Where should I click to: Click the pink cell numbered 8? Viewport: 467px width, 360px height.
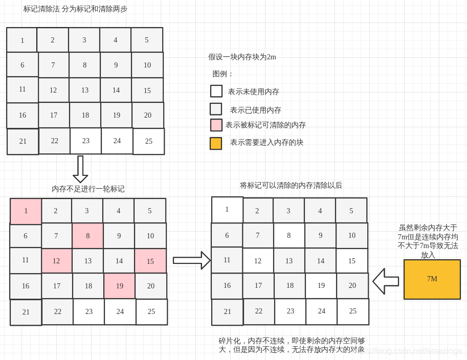[87, 236]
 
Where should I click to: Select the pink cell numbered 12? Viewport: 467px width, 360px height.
[56, 261]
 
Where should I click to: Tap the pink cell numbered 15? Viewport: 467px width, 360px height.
[150, 261]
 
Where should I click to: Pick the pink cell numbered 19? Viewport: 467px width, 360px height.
[119, 286]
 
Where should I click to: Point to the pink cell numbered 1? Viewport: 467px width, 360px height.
[26, 211]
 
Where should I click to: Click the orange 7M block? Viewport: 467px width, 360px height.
[432, 279]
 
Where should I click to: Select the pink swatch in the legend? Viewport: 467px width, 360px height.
[216, 125]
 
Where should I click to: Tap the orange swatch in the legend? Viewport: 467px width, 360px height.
[216, 143]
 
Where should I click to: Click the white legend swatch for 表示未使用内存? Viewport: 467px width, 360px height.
[216, 91]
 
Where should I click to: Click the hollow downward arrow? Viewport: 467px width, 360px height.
[80, 169]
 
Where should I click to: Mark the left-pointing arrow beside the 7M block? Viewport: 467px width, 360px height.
[386, 281]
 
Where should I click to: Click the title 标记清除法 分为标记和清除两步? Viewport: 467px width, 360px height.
[75, 9]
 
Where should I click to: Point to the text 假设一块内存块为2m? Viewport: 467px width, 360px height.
[242, 57]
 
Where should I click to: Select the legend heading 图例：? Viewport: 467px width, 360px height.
[223, 74]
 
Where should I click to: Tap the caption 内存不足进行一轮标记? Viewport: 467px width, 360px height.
[88, 189]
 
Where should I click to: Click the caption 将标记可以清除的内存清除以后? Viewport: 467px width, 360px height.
[291, 185]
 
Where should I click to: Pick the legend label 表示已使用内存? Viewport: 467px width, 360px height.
[255, 110]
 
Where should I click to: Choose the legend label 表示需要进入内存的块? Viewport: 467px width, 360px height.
[266, 142]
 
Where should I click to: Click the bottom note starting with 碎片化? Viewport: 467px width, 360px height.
[292, 345]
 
